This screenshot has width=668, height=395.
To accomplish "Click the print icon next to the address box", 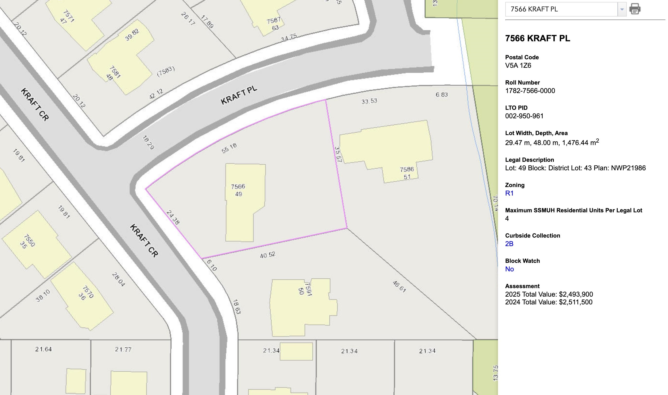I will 635,9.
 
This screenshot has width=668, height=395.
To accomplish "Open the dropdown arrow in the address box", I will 622,9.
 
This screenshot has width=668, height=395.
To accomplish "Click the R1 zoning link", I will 509,193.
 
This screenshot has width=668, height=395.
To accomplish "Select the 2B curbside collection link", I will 509,244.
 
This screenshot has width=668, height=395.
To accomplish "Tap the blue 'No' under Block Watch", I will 509,269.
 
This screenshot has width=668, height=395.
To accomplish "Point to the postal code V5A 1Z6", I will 518,66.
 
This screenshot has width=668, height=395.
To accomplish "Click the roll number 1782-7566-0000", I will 530,91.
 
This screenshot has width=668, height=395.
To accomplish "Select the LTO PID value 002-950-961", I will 524,116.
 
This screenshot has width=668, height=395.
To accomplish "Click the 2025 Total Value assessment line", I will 549,294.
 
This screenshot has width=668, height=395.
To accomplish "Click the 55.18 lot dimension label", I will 229,148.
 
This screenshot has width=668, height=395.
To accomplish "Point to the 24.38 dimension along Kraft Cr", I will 173,217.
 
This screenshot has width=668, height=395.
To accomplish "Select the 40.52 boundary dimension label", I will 267,255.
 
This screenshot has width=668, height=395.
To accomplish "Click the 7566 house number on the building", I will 238,186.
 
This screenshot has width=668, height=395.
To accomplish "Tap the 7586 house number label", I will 407,169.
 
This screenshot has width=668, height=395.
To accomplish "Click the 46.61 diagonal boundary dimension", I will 399,286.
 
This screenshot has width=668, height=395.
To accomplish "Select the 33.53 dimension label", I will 369,101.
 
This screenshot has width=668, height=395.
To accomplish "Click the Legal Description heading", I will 529,160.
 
